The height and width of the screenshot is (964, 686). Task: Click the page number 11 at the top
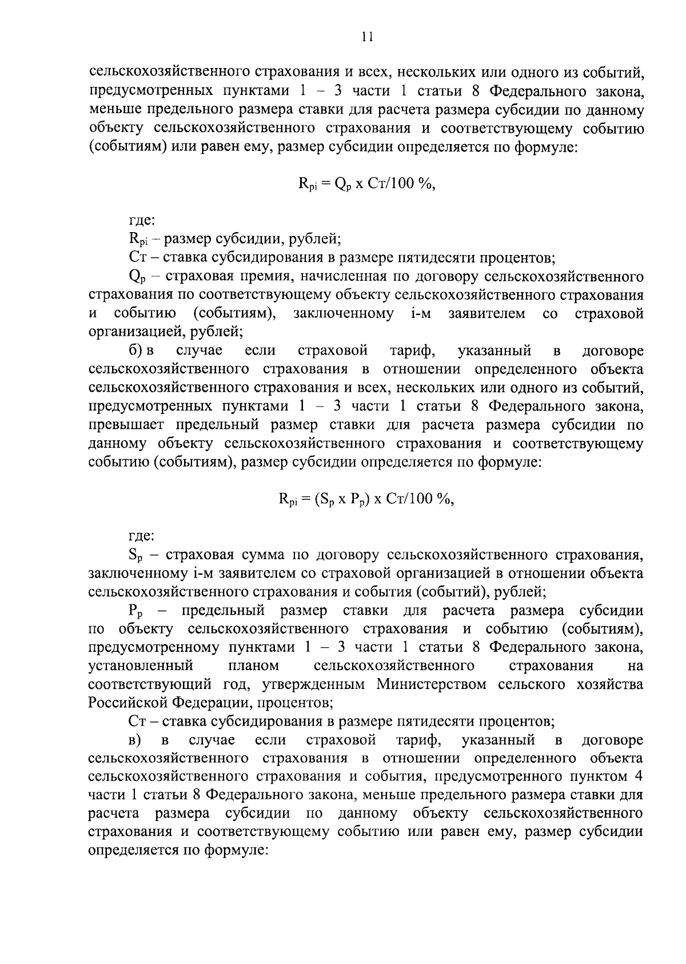367,37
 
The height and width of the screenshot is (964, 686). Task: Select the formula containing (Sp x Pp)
366,499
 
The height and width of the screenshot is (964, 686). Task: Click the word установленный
141,666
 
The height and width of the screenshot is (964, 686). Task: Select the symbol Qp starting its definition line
135,278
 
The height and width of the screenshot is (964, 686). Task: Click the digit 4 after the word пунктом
639,777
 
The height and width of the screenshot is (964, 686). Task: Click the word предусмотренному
154,648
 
